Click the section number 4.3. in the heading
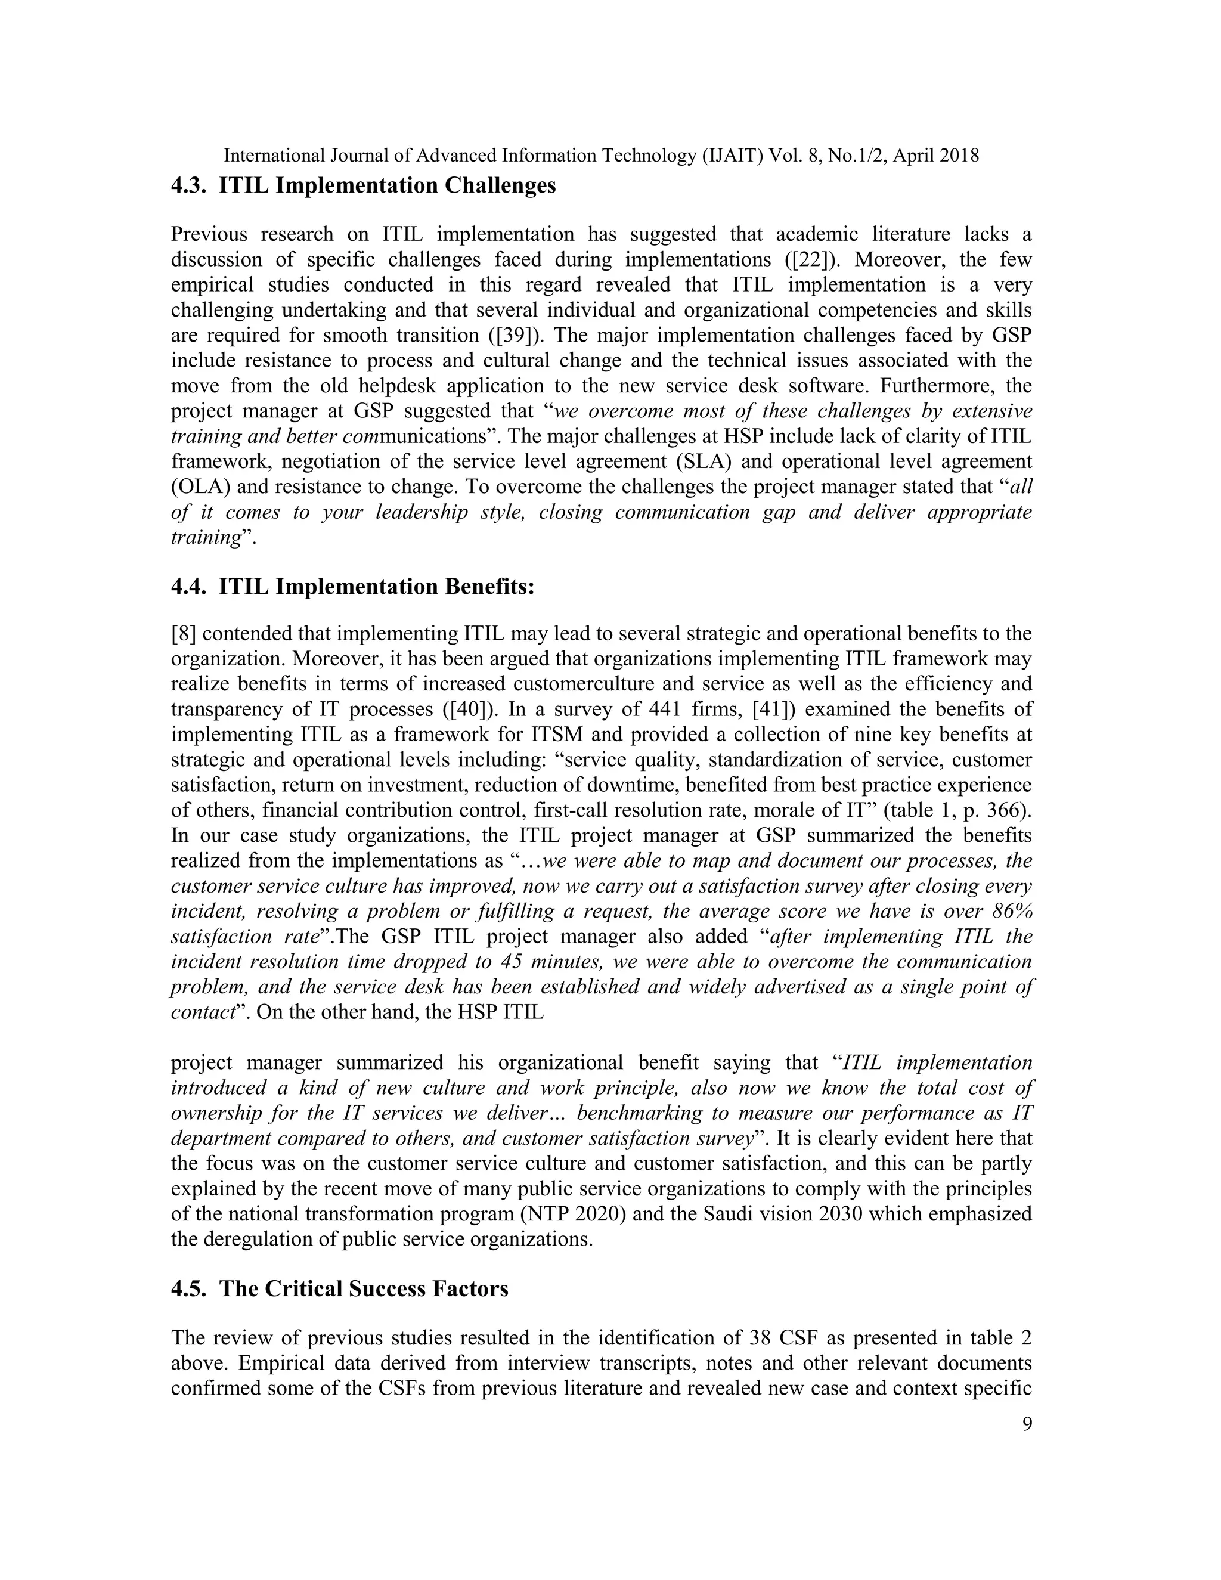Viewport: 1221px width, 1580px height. tap(190, 186)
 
